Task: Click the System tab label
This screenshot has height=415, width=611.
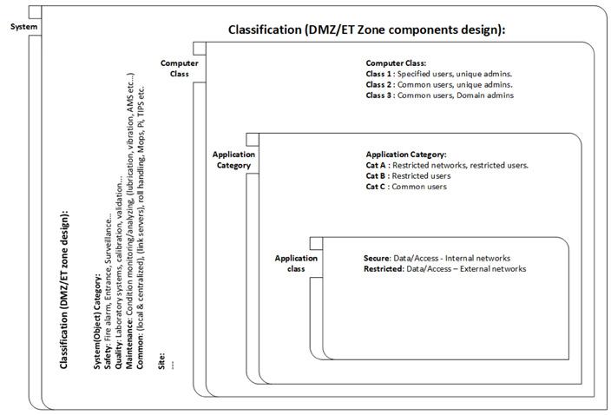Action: (x=23, y=26)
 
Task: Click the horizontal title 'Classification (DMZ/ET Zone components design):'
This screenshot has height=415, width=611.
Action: (x=366, y=30)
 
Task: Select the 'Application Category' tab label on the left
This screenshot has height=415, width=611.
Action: (x=233, y=160)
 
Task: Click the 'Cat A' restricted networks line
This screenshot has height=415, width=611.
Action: (x=447, y=164)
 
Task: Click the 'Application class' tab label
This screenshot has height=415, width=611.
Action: (x=290, y=263)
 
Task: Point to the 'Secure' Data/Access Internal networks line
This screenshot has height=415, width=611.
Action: (x=437, y=259)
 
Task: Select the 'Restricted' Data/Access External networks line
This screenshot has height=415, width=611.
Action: (x=444, y=269)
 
